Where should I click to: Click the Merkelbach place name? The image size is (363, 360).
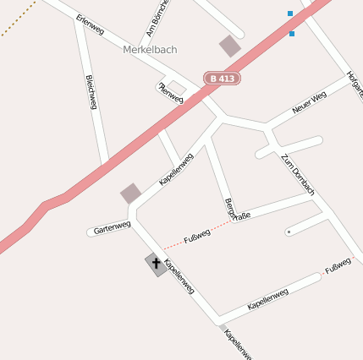click(150, 50)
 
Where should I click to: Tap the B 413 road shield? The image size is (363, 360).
click(222, 79)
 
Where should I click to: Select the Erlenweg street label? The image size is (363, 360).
click(90, 25)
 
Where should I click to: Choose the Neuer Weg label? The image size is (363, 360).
click(308, 103)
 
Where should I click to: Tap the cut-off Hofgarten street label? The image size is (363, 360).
click(355, 85)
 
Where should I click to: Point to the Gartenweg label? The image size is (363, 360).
click(112, 227)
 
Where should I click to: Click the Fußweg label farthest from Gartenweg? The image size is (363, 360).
click(338, 265)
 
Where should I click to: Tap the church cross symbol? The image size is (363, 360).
click(156, 265)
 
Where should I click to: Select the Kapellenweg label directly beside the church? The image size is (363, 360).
click(179, 275)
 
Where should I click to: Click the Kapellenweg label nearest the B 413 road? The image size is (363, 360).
click(176, 168)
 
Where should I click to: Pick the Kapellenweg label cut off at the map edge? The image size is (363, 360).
click(238, 343)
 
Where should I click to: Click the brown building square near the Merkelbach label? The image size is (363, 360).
click(229, 46)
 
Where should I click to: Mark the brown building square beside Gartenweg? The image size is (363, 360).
click(130, 193)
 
